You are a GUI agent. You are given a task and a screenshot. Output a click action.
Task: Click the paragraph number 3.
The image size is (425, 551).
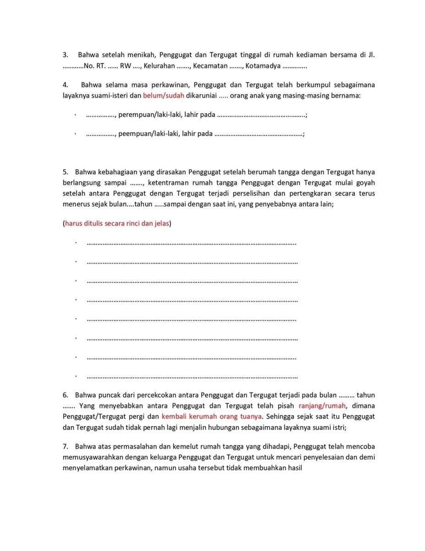(65, 55)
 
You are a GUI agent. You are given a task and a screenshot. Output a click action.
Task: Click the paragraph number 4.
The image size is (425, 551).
(65, 85)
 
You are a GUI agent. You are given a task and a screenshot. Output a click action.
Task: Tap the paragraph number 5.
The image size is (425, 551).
(65, 172)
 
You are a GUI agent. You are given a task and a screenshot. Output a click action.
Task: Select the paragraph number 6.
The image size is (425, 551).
(65, 395)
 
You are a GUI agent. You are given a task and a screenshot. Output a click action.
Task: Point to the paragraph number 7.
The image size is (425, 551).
(65, 446)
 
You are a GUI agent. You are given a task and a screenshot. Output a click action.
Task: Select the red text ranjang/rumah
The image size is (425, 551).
(322, 406)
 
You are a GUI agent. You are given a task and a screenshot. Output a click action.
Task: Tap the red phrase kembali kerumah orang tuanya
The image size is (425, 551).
(212, 416)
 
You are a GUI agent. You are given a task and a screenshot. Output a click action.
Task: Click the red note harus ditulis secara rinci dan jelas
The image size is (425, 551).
(117, 224)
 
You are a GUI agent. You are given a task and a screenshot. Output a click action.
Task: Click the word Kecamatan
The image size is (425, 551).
(210, 66)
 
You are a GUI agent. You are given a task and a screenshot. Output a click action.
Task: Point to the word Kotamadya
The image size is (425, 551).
(263, 66)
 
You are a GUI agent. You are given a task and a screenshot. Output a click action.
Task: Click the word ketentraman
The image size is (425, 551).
(170, 183)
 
